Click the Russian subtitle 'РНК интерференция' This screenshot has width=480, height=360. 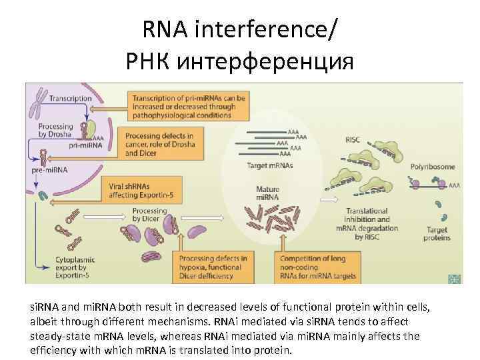point(240,61)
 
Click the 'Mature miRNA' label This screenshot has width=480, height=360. point(267,194)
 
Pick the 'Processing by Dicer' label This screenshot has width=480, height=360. point(149,215)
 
